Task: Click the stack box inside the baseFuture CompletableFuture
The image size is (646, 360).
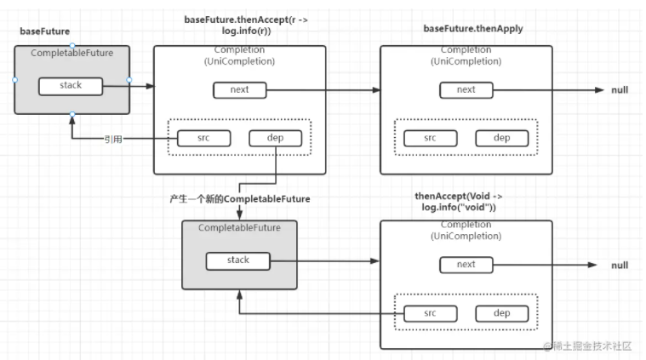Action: coord(71,86)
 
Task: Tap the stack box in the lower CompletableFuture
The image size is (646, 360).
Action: coord(238,260)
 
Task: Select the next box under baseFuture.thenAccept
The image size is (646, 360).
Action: coord(240,90)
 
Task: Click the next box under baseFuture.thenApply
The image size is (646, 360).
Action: coord(466,90)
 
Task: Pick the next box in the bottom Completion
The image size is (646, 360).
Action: coord(466,265)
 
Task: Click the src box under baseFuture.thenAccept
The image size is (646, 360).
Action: coord(203,138)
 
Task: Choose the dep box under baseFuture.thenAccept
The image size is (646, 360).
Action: coord(275,138)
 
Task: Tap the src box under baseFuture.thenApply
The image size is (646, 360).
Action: coord(430,138)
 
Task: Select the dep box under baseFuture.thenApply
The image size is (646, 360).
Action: coord(502,138)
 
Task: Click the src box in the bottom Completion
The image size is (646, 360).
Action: coord(430,313)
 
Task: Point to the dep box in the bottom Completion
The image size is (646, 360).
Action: coord(502,313)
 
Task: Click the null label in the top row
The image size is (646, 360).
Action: coord(620,90)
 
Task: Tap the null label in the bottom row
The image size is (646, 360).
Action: coord(620,266)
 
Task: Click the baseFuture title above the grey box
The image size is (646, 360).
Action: coord(44,31)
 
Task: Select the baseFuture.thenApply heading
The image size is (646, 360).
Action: coord(473,29)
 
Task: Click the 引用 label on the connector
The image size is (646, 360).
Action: coord(113,140)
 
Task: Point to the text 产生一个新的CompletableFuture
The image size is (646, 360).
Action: coord(240,199)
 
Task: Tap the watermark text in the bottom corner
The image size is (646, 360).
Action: coord(587,346)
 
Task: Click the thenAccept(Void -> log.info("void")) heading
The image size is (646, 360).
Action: coord(459,202)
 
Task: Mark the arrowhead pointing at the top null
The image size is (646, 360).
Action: coord(599,90)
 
